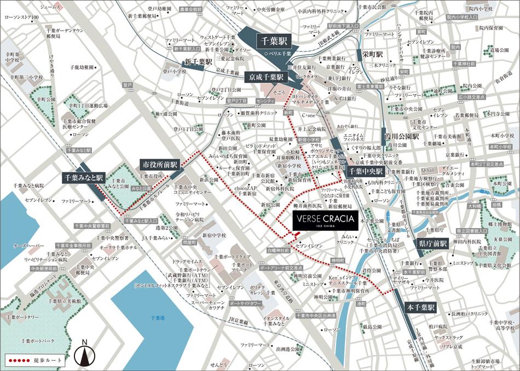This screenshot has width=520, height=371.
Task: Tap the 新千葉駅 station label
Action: coord(198,62)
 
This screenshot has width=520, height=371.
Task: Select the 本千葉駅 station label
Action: coord(419,308)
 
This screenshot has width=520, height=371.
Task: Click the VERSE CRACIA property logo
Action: coord(325,221)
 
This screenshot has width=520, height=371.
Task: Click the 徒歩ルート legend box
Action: coord(33,361)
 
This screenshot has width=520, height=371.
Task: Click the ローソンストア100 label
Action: coord(21,18)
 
